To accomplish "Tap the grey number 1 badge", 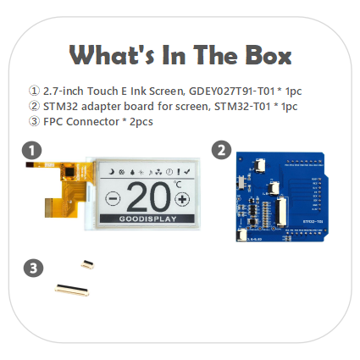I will click(x=32, y=150).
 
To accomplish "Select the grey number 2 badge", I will click(x=221, y=150).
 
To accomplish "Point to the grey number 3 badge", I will click(x=32, y=269).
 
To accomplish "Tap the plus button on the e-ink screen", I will click(x=184, y=200).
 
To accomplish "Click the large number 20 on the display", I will click(x=148, y=197).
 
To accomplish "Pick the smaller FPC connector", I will click(x=85, y=264).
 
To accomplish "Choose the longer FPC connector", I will click(x=74, y=289).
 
